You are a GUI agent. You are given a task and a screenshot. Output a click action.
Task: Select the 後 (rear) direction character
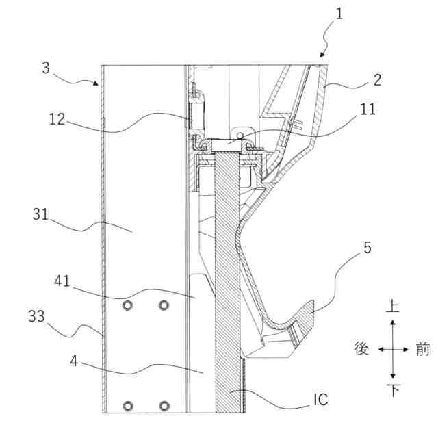click(361, 348)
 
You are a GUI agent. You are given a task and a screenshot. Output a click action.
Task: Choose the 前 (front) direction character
click(422, 348)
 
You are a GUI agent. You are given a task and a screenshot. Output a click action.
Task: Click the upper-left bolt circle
click(127, 304)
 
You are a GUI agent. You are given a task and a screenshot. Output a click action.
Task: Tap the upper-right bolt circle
click(163, 304)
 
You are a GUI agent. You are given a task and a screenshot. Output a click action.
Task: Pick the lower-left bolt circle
click(127, 406)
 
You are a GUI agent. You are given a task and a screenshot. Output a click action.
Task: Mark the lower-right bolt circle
click(163, 406)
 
